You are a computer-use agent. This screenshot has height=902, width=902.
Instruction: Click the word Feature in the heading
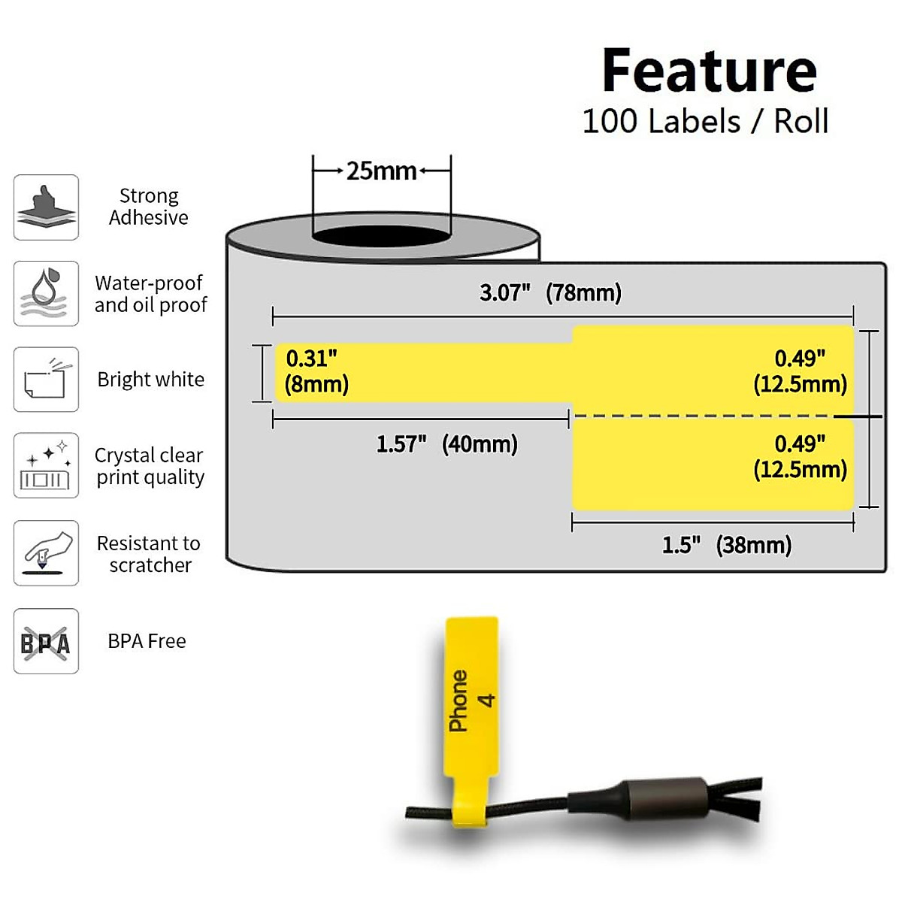[709, 71]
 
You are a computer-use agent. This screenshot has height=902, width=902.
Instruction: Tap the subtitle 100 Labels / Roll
[705, 121]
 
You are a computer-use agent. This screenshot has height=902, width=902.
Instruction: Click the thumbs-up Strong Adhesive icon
[46, 207]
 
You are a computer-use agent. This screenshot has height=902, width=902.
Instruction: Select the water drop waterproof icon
[46, 293]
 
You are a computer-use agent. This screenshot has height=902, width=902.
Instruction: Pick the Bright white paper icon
[46, 380]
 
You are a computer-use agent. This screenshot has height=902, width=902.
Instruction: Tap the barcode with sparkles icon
[46, 465]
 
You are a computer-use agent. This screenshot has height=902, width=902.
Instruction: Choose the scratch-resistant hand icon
[46, 552]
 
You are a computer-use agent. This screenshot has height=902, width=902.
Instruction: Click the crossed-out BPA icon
[46, 641]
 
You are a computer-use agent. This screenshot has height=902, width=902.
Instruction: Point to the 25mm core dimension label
[381, 171]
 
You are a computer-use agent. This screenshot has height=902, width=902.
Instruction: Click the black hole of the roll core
[381, 235]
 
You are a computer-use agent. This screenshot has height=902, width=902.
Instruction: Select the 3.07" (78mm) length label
[551, 292]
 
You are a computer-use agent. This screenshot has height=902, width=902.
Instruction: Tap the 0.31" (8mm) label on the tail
[316, 371]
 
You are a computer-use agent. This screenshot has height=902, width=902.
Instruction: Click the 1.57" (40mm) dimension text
[446, 444]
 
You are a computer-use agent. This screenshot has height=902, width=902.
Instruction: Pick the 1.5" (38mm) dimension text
[726, 545]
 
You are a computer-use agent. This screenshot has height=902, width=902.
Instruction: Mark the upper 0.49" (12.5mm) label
[800, 371]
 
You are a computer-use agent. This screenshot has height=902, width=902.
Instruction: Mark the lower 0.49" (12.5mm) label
[800, 456]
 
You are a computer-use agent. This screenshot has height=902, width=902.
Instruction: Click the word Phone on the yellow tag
[458, 701]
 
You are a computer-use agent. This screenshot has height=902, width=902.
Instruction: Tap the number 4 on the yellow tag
[487, 701]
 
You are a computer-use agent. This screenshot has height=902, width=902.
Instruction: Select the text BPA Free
[147, 641]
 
